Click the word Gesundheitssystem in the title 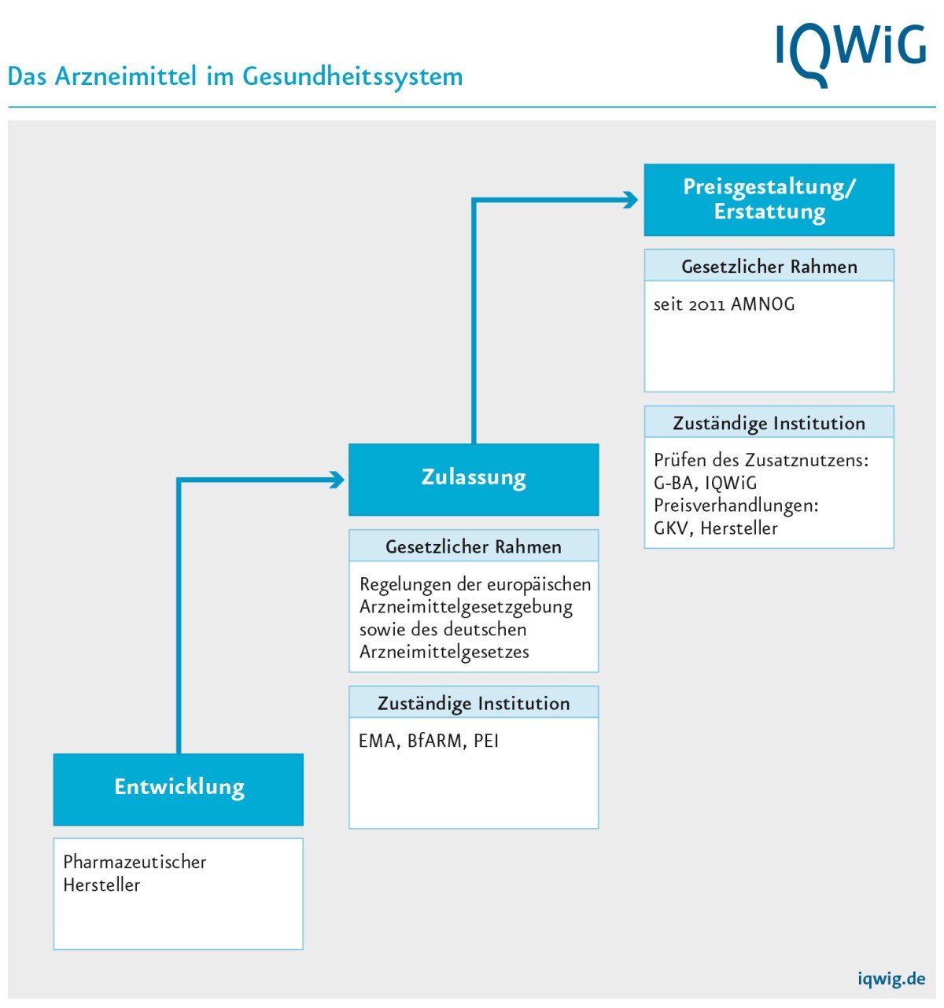352,77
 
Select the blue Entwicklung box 179,789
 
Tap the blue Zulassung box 474,479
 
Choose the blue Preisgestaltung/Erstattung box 769,200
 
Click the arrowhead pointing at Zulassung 337,480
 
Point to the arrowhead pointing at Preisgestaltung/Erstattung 631,200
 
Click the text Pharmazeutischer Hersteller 135,873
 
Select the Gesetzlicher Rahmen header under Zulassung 474,546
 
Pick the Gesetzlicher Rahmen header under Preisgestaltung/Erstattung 769,267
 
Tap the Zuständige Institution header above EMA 474,703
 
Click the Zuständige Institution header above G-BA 769,423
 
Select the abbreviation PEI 486,741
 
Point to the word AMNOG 763,304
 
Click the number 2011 706,305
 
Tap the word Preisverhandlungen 736,506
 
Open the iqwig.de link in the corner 891,979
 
